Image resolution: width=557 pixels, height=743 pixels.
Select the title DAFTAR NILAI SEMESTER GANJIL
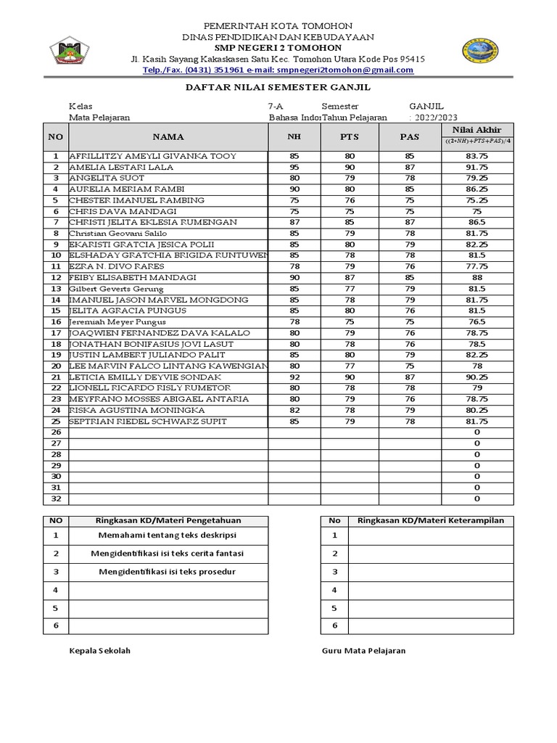pos(278,86)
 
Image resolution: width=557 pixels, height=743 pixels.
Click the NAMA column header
pos(168,136)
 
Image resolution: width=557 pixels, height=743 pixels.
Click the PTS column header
pos(350,136)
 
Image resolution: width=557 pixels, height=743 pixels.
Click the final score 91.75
pos(476,167)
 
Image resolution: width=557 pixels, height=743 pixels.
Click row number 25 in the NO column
pos(55,422)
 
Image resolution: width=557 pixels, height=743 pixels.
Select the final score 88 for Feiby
pos(476,278)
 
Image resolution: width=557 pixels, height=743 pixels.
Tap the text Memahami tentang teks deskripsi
pos(168,535)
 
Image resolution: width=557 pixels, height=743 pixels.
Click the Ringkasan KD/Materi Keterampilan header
pos(431,520)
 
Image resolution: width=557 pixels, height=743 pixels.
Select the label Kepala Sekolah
pos(99,651)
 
